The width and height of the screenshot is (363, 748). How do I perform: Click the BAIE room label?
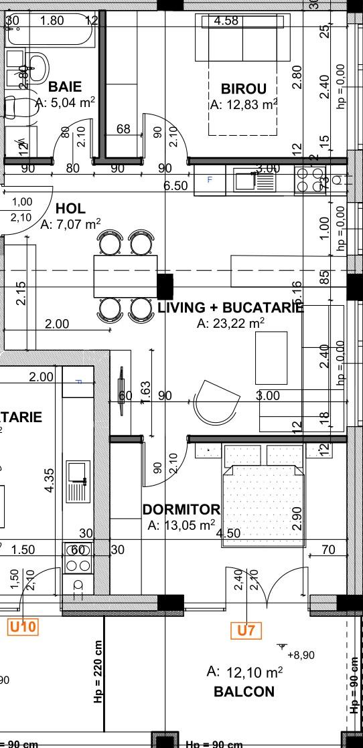pyautogui.click(x=65, y=87)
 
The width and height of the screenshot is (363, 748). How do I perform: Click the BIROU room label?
pyautogui.click(x=244, y=89)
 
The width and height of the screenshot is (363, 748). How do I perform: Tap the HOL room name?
pyautogui.click(x=70, y=209)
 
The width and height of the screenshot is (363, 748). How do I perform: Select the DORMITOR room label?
pyautogui.click(x=181, y=510)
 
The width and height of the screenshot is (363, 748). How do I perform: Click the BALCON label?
pyautogui.click(x=244, y=692)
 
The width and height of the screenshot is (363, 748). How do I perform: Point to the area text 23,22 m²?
pyautogui.click(x=230, y=324)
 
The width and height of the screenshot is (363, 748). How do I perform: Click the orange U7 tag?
pyautogui.click(x=246, y=630)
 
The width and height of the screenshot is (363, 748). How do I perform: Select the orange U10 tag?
pyautogui.click(x=23, y=627)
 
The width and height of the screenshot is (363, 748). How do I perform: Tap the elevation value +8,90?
pyautogui.click(x=300, y=655)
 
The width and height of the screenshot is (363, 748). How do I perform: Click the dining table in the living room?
pyautogui.click(x=125, y=276)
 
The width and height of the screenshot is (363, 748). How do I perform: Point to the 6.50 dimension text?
pyautogui.click(x=175, y=186)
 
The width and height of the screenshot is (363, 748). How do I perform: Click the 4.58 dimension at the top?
pyautogui.click(x=226, y=21)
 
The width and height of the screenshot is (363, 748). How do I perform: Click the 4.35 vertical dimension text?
pyautogui.click(x=49, y=480)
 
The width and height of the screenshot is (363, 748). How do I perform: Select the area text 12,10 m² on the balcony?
pyautogui.click(x=244, y=672)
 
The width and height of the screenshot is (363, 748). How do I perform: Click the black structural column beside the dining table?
pyautogui.click(x=165, y=286)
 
